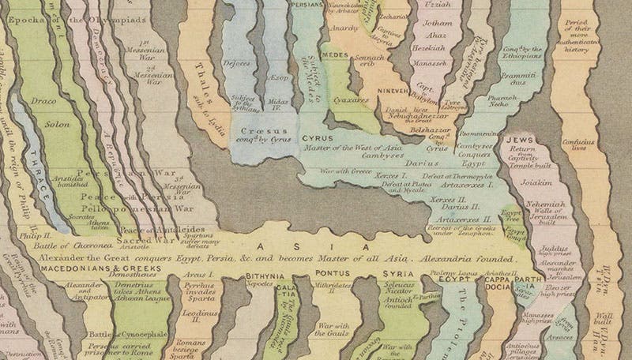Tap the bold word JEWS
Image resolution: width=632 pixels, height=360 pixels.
(521, 138)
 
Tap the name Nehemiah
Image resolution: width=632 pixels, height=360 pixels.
(544, 203)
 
